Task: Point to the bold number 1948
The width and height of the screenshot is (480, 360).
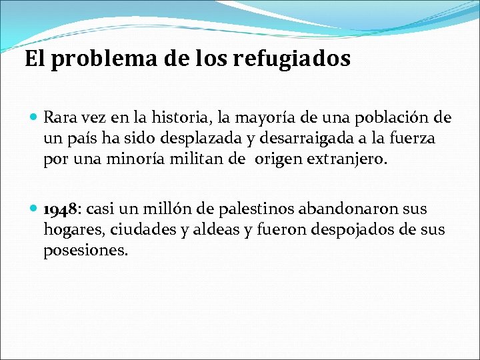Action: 61,210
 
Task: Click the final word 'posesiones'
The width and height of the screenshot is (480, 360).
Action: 85,251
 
